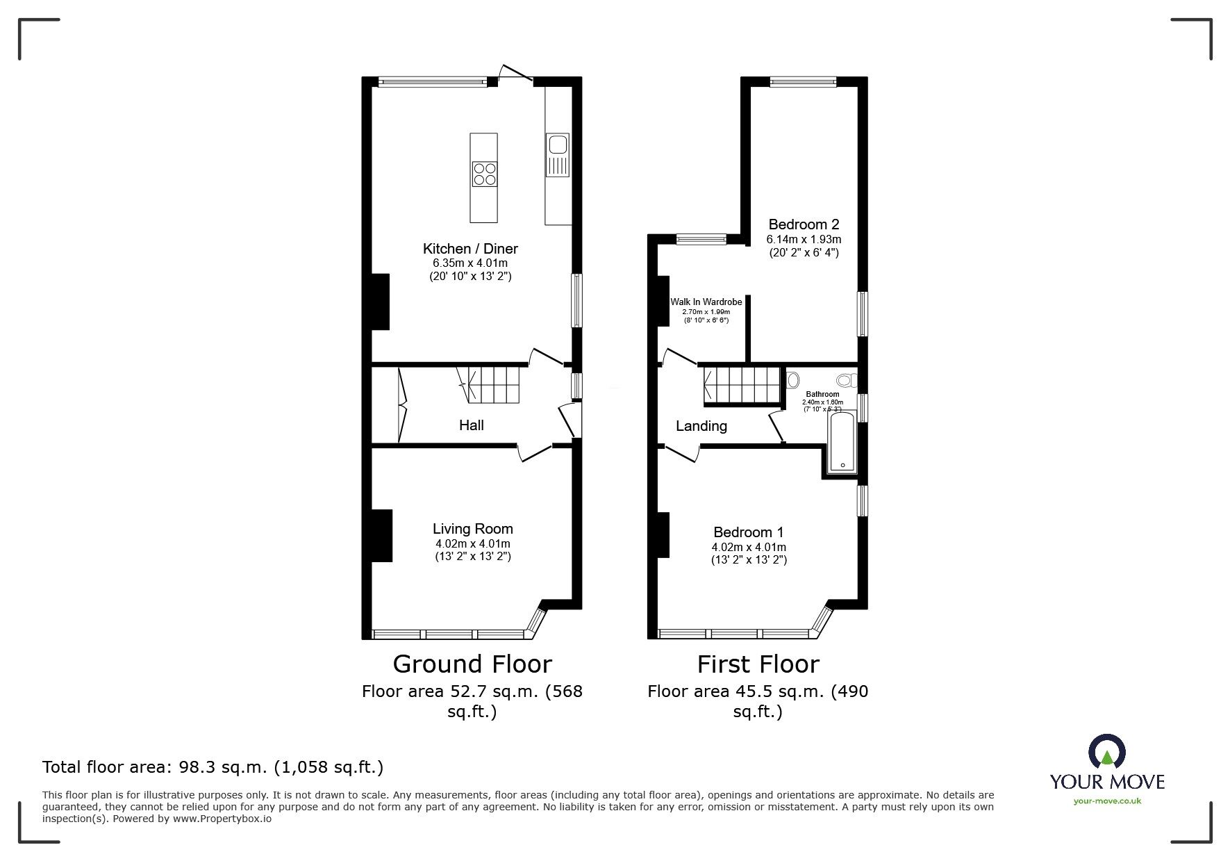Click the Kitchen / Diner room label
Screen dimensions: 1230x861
470,249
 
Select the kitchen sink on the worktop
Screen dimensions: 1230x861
558,145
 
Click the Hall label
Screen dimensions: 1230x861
471,425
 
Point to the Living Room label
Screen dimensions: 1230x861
472,530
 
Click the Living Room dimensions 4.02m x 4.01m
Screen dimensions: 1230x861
472,544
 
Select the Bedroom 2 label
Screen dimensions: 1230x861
804,224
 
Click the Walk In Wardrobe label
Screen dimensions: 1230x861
706,302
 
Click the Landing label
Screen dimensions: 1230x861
701,427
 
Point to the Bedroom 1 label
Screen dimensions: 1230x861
749,532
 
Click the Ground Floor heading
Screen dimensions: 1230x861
472,664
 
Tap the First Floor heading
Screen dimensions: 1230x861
758,664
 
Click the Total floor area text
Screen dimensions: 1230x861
213,768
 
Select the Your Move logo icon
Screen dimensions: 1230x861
1106,753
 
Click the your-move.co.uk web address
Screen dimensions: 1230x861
1107,801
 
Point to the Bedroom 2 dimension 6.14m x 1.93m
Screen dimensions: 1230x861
804,240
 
